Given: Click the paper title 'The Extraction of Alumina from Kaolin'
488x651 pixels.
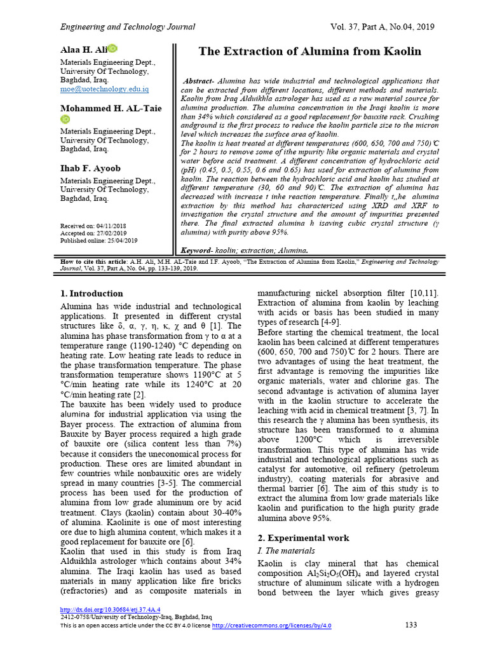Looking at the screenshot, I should [309, 51].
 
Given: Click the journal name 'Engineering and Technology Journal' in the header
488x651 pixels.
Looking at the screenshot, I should [127, 27].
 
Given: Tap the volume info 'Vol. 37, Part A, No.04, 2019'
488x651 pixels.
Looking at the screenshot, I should [382, 27].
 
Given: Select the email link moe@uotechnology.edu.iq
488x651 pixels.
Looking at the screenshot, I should [104, 90].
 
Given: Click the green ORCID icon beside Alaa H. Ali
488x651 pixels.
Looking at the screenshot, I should [112, 48].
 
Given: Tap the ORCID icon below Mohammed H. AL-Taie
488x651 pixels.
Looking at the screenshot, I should [65, 119].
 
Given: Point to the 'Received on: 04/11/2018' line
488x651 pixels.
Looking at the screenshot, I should [93, 226].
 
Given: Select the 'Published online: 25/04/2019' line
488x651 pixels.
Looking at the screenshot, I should [98, 241].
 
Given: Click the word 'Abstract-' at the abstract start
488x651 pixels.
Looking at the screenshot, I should [199, 82].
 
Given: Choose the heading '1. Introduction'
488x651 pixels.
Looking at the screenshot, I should [91, 294].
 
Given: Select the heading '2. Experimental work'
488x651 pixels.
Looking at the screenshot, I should [303, 538].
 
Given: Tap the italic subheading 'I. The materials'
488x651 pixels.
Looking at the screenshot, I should [286, 551].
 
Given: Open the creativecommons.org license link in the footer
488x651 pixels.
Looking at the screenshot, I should [271, 626].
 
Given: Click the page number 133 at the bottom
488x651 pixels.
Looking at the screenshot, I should [411, 625].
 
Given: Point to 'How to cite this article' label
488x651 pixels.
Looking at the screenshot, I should [98, 262].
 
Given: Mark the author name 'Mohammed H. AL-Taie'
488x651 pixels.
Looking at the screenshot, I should [111, 109].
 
